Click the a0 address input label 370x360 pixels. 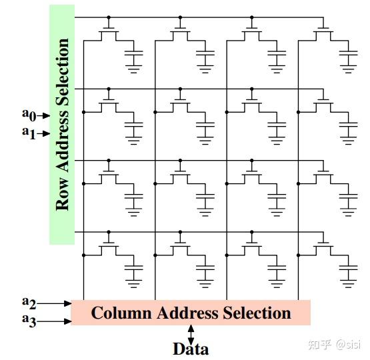[x=27, y=115]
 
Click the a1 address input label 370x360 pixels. [x=27, y=132]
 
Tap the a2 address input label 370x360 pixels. [x=29, y=302]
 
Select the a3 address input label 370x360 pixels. [x=29, y=321]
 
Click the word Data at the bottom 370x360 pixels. [x=191, y=349]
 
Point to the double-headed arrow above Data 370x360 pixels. [x=191, y=333]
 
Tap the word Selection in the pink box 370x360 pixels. [x=257, y=313]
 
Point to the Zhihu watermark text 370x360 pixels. [x=333, y=344]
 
